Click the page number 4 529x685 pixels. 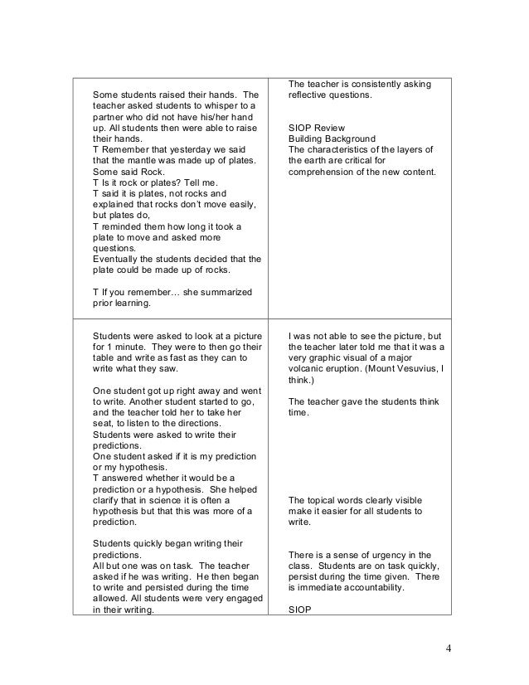click(x=448, y=648)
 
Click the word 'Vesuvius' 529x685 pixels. click(x=407, y=368)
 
